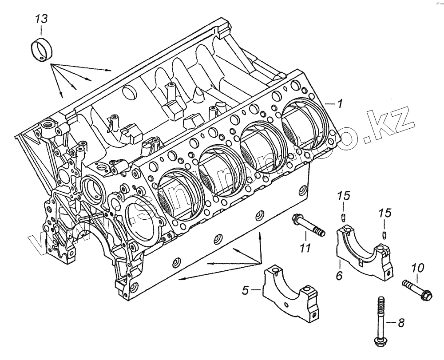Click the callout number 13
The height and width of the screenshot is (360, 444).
click(41, 19)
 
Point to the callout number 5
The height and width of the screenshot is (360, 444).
click(245, 291)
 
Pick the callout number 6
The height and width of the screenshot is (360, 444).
click(339, 276)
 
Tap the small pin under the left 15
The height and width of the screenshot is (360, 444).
click(343, 217)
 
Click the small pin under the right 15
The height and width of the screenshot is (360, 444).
click(385, 235)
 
